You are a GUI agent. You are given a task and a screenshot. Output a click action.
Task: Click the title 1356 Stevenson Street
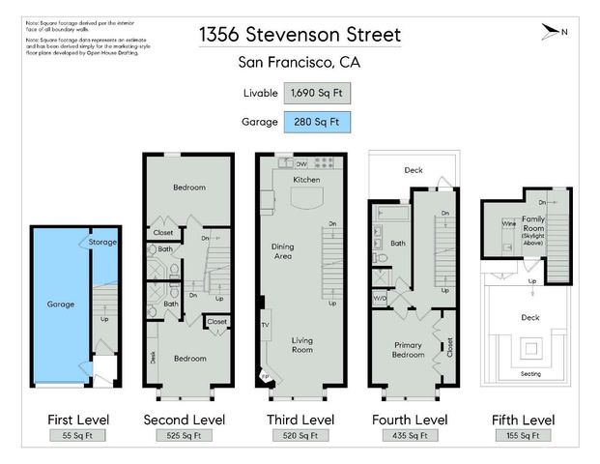click(300, 35)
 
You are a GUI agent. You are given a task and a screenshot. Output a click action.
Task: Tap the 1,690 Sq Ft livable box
click(318, 94)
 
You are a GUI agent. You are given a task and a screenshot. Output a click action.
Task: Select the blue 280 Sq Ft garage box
click(318, 123)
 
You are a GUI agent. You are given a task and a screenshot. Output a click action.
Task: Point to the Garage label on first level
click(60, 304)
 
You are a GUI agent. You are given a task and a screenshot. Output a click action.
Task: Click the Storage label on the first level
click(102, 242)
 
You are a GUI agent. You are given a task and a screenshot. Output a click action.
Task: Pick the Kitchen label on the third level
click(306, 181)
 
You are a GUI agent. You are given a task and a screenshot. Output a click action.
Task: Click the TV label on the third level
click(264, 325)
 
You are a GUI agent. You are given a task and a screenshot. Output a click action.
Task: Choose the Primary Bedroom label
click(408, 349)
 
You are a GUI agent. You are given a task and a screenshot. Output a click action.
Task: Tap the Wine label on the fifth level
click(508, 224)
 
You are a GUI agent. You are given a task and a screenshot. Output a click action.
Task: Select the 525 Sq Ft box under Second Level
click(184, 436)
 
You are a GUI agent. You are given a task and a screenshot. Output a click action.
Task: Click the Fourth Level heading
click(410, 420)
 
